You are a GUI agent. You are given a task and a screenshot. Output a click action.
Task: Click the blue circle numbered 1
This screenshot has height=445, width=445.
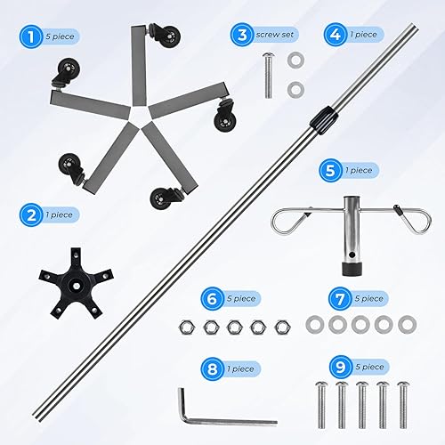[x=30, y=37]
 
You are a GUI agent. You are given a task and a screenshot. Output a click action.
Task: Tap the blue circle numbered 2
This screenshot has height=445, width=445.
[x=30, y=214]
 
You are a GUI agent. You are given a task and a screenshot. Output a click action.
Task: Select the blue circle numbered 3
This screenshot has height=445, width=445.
[x=239, y=35]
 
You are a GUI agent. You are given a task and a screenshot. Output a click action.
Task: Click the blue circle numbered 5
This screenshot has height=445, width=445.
[x=332, y=169]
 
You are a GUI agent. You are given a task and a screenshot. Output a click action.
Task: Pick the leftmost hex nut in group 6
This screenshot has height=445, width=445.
[x=189, y=327]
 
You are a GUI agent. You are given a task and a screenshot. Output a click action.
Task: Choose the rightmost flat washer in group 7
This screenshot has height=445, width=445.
[x=407, y=322]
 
